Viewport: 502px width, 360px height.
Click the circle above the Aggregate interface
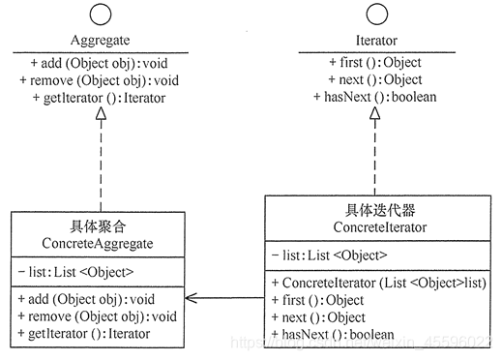tap(102, 17)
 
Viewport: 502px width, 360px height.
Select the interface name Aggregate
tap(102, 42)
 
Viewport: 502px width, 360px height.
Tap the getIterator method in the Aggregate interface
tap(92, 97)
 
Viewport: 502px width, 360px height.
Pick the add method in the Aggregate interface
tap(92, 63)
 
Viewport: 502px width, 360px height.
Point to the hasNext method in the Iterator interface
tap(372, 97)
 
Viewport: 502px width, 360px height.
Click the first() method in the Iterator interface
tap(372, 63)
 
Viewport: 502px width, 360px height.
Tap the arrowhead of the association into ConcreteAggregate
tap(193, 298)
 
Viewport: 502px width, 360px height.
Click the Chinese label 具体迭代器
tap(372, 210)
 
